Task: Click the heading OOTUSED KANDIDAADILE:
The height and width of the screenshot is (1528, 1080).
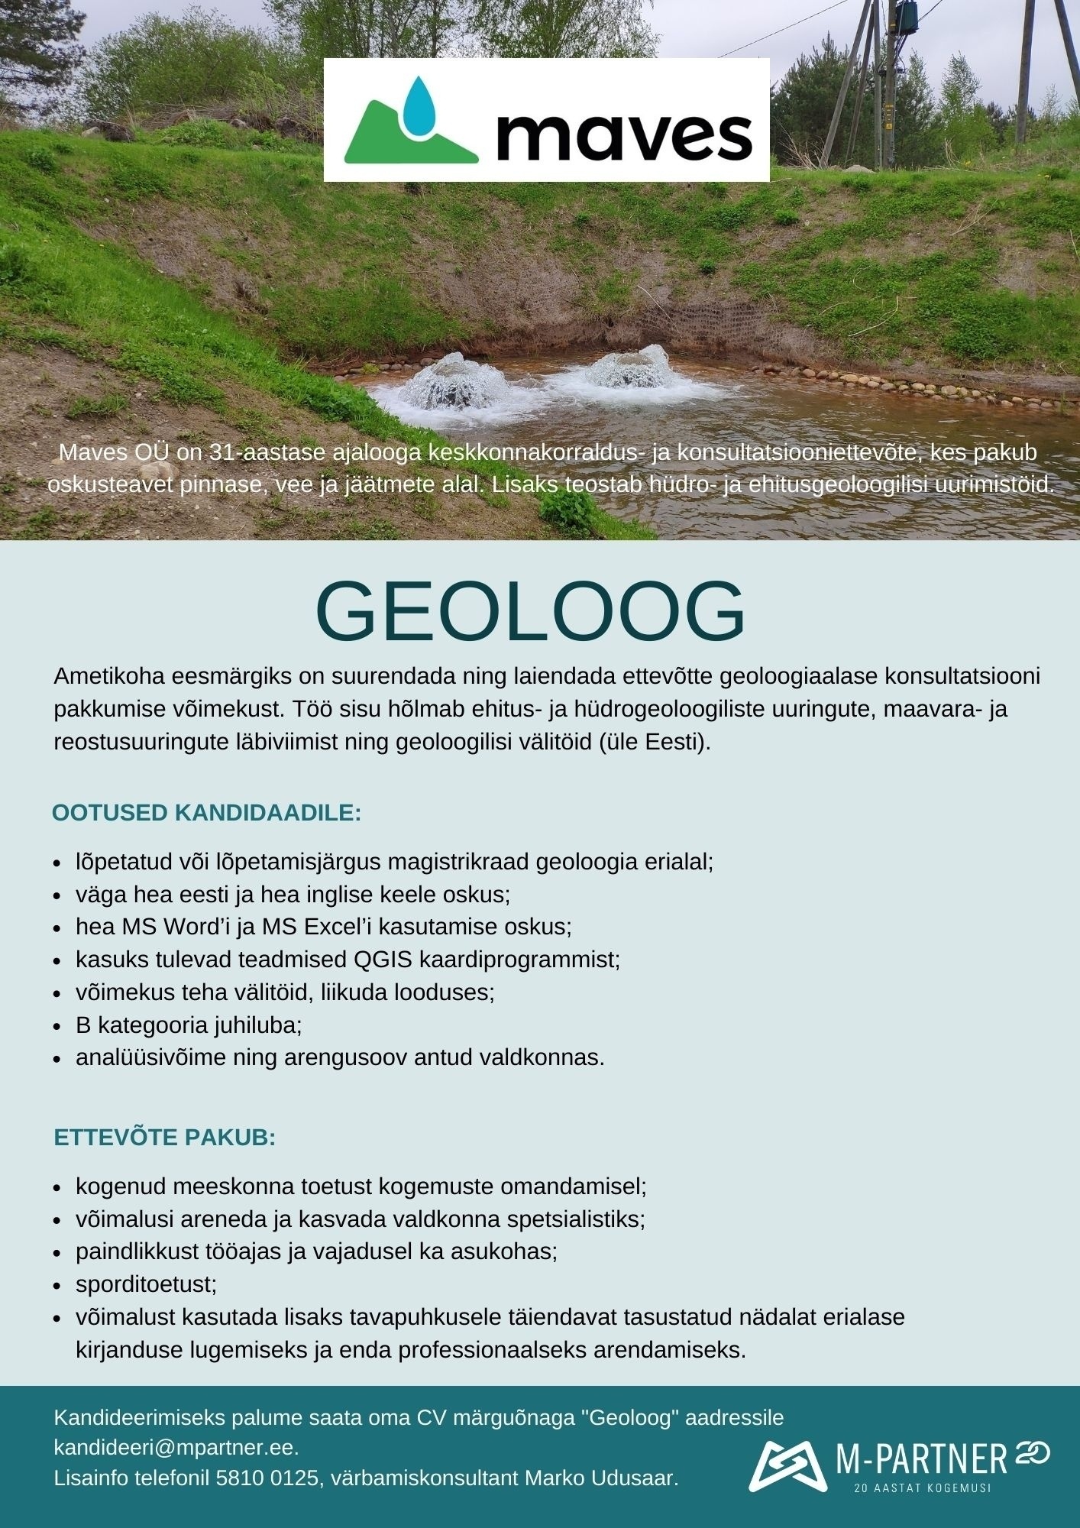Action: coord(206,813)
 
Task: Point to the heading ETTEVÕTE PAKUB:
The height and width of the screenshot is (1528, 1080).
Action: coord(164,1138)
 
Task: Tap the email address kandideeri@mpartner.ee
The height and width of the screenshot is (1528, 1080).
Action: coord(175,1448)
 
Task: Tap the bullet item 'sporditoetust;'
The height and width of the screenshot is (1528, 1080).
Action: coord(146,1284)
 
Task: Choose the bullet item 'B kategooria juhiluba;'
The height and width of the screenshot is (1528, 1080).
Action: coord(189,1025)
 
